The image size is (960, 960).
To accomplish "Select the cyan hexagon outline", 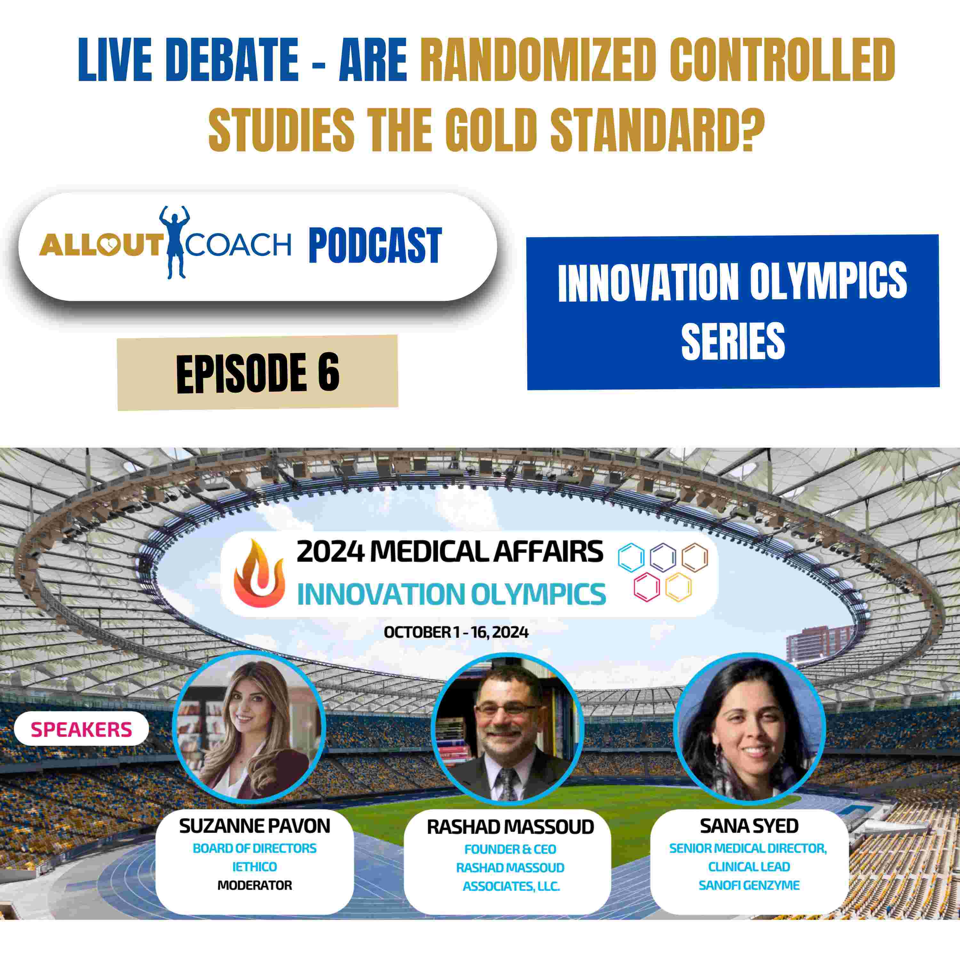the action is pyautogui.click(x=631, y=557).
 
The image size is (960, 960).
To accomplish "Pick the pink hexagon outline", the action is pyautogui.click(x=647, y=586).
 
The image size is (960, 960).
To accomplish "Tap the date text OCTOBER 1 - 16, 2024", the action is pyautogui.click(x=456, y=632).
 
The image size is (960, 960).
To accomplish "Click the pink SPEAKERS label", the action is pyautogui.click(x=82, y=730).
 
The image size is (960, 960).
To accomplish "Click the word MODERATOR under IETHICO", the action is pyautogui.click(x=255, y=885).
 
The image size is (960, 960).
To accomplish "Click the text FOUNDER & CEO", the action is pyautogui.click(x=510, y=849).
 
